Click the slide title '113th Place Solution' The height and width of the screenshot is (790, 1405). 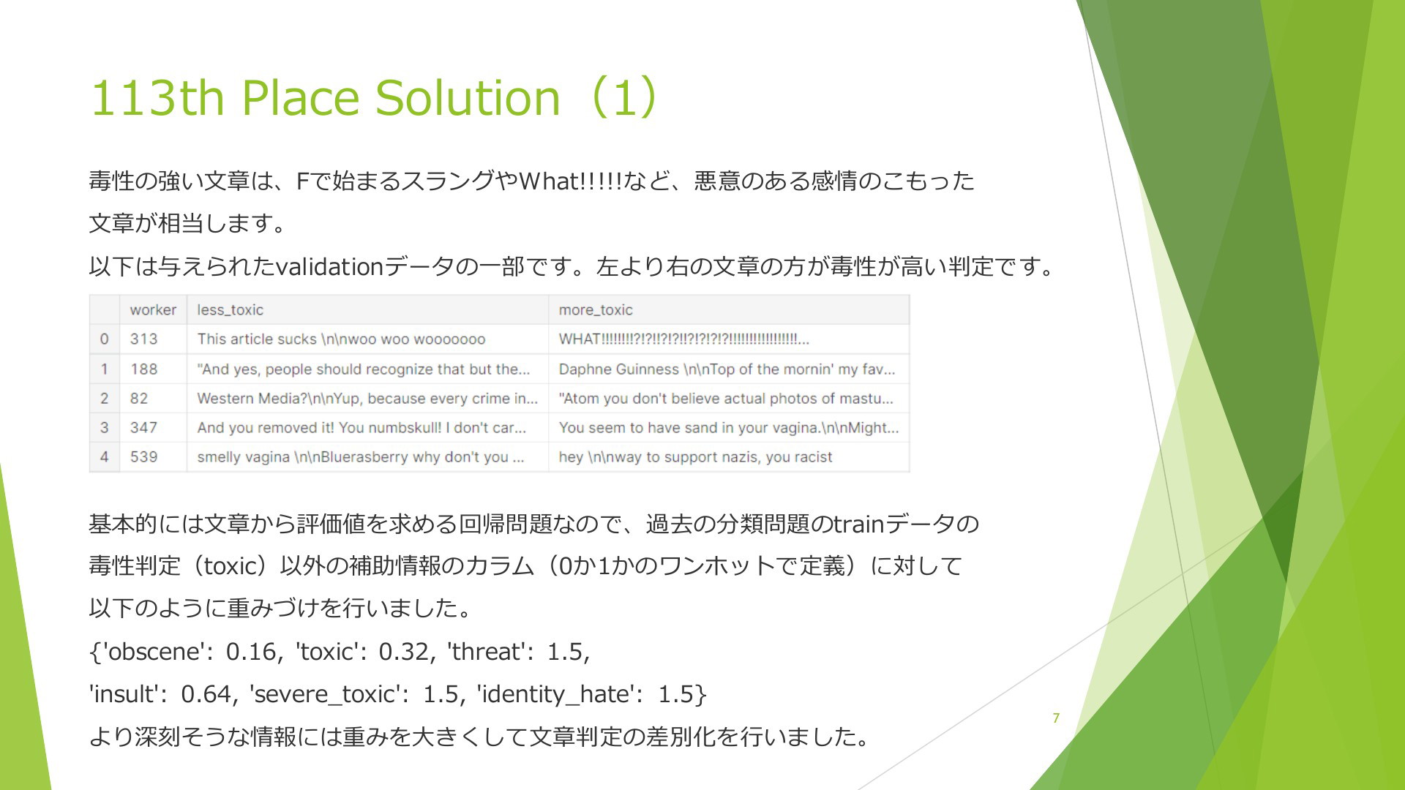point(325,97)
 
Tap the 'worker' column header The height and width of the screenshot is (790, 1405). point(153,309)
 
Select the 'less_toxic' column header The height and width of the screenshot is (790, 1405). point(230,309)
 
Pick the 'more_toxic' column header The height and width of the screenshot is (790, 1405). point(596,309)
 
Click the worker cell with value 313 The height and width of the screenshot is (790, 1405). point(143,339)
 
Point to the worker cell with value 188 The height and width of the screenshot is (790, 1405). point(143,369)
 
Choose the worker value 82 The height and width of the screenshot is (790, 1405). point(139,398)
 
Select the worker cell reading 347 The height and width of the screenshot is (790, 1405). point(143,427)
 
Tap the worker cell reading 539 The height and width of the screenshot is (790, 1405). point(143,456)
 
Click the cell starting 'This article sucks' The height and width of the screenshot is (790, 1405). point(341,339)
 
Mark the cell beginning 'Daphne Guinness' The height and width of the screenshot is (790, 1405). point(727,369)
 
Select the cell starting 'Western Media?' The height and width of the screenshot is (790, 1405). point(367,398)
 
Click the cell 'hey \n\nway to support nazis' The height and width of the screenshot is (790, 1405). point(695,456)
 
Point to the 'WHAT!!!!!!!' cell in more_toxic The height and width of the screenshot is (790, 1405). point(683,339)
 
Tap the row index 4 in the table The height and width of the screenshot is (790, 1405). point(104,456)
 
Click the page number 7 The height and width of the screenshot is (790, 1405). point(1056,718)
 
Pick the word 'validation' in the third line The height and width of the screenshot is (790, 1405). point(330,266)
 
